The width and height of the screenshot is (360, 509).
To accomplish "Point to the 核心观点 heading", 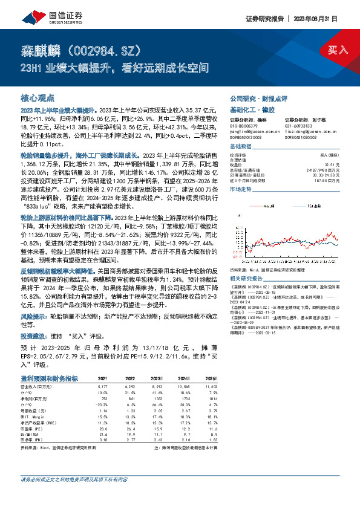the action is pos(38,97).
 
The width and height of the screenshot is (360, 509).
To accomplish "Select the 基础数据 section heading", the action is pos(240,147).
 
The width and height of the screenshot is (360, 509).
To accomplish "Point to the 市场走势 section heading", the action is pos(240,189).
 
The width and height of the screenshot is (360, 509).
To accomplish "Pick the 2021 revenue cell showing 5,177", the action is pos(102,384).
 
